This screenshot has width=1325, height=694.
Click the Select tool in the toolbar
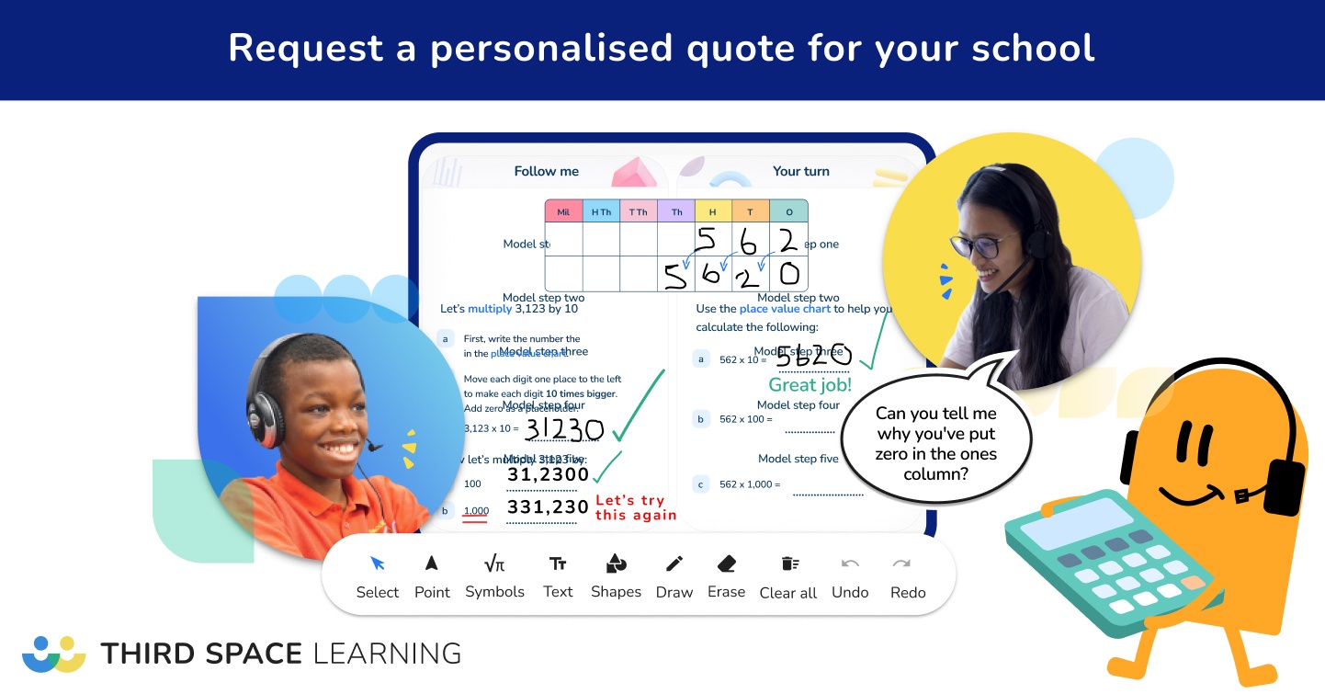click(378, 576)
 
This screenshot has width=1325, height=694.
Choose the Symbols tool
click(494, 576)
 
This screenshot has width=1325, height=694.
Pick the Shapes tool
click(616, 576)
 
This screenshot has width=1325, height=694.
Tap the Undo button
click(850, 577)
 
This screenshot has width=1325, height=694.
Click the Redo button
click(908, 577)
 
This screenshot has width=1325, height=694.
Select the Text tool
click(558, 576)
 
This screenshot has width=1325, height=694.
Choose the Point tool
click(432, 576)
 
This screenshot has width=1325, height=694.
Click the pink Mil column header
click(563, 211)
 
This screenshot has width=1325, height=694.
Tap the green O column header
click(788, 211)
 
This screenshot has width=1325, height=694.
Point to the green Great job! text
click(810, 385)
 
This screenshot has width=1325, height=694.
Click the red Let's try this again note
click(636, 507)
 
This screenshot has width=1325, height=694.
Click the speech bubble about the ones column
click(935, 443)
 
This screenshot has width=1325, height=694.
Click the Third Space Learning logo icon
click(54, 654)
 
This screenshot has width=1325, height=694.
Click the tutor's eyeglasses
click(984, 243)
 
